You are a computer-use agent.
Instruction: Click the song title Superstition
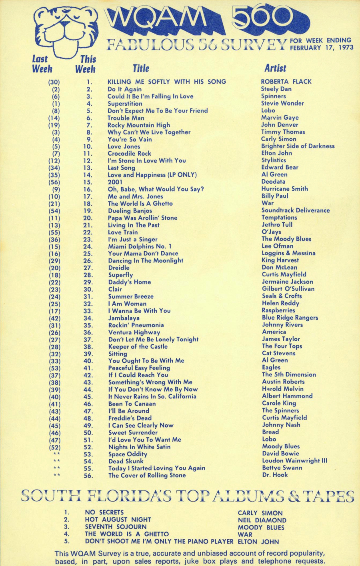(125, 104)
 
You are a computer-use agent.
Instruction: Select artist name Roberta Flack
(286, 82)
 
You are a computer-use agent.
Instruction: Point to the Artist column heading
(275, 68)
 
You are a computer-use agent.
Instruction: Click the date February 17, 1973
(322, 48)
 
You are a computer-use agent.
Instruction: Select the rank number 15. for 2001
(88, 182)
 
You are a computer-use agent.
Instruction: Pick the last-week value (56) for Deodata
(54, 182)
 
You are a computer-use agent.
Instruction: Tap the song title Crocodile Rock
(129, 154)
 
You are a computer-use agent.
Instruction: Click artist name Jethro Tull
(277, 225)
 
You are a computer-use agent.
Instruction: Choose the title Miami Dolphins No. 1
(140, 246)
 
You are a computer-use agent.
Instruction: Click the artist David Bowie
(280, 454)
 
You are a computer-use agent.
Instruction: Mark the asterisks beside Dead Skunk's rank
(57, 461)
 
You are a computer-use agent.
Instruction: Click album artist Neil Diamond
(262, 520)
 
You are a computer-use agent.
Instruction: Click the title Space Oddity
(128, 454)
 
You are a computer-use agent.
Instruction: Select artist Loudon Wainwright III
(294, 461)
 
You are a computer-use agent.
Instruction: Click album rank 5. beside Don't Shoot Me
(67, 541)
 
